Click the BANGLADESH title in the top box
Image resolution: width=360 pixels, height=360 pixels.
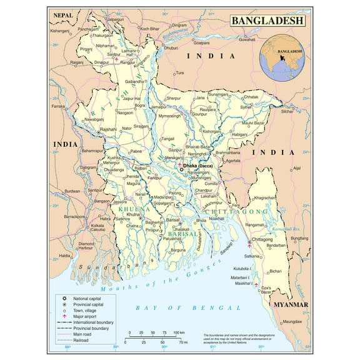[x=267, y=21]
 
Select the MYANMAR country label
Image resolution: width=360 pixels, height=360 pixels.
[x=291, y=304]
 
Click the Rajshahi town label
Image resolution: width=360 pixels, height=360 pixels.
[x=91, y=129]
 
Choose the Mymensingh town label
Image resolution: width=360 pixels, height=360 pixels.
[x=169, y=116]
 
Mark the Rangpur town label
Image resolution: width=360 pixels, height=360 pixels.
[x=128, y=62]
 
